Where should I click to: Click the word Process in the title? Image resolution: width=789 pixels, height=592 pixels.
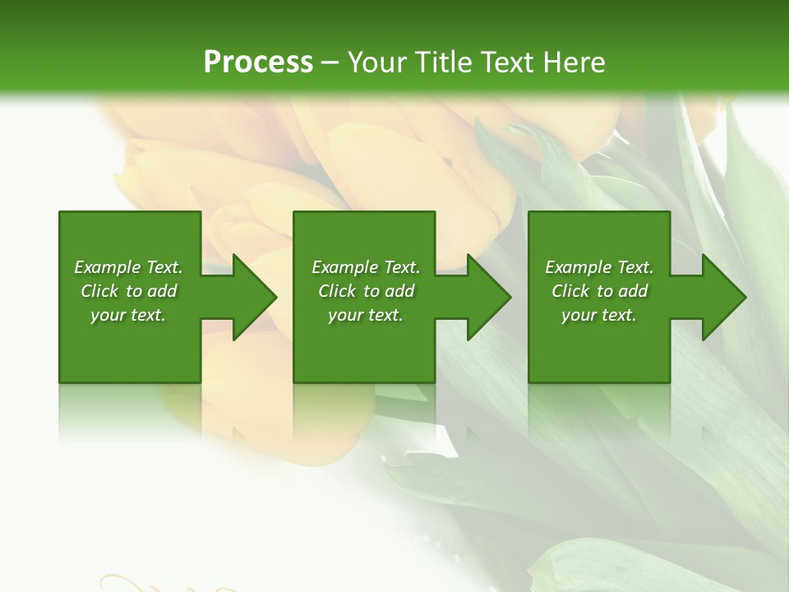pos(258,62)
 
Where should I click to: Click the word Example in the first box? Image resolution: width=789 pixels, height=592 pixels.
pos(108,267)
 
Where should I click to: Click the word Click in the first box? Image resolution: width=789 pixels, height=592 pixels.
pos(99,291)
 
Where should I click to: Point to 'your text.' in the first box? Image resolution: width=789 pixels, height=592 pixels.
pos(128,315)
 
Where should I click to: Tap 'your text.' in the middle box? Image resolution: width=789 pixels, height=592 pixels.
pos(366,315)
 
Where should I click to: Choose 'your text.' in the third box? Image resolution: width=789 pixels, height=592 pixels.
pos(599,315)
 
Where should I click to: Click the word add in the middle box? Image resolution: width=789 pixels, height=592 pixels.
pos(399,291)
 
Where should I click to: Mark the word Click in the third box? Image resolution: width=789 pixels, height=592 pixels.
pos(570,291)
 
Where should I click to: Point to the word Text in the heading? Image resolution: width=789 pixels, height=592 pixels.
pos(504,62)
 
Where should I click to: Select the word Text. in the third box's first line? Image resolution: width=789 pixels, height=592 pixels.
pos(635,267)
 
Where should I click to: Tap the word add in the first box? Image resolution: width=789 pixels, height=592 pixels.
pos(162,291)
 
